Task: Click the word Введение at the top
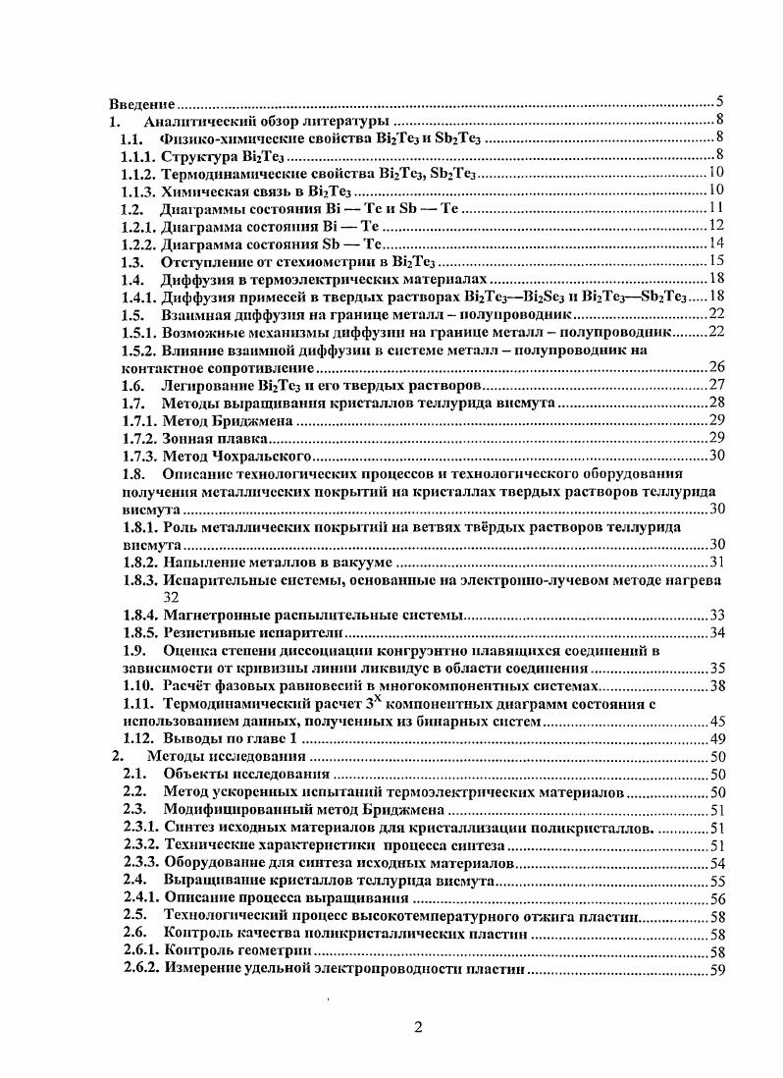click(141, 103)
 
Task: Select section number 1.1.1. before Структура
click(137, 155)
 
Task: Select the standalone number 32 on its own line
click(172, 597)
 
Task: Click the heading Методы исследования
click(227, 757)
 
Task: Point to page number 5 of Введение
click(719, 102)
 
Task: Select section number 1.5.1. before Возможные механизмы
click(137, 332)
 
